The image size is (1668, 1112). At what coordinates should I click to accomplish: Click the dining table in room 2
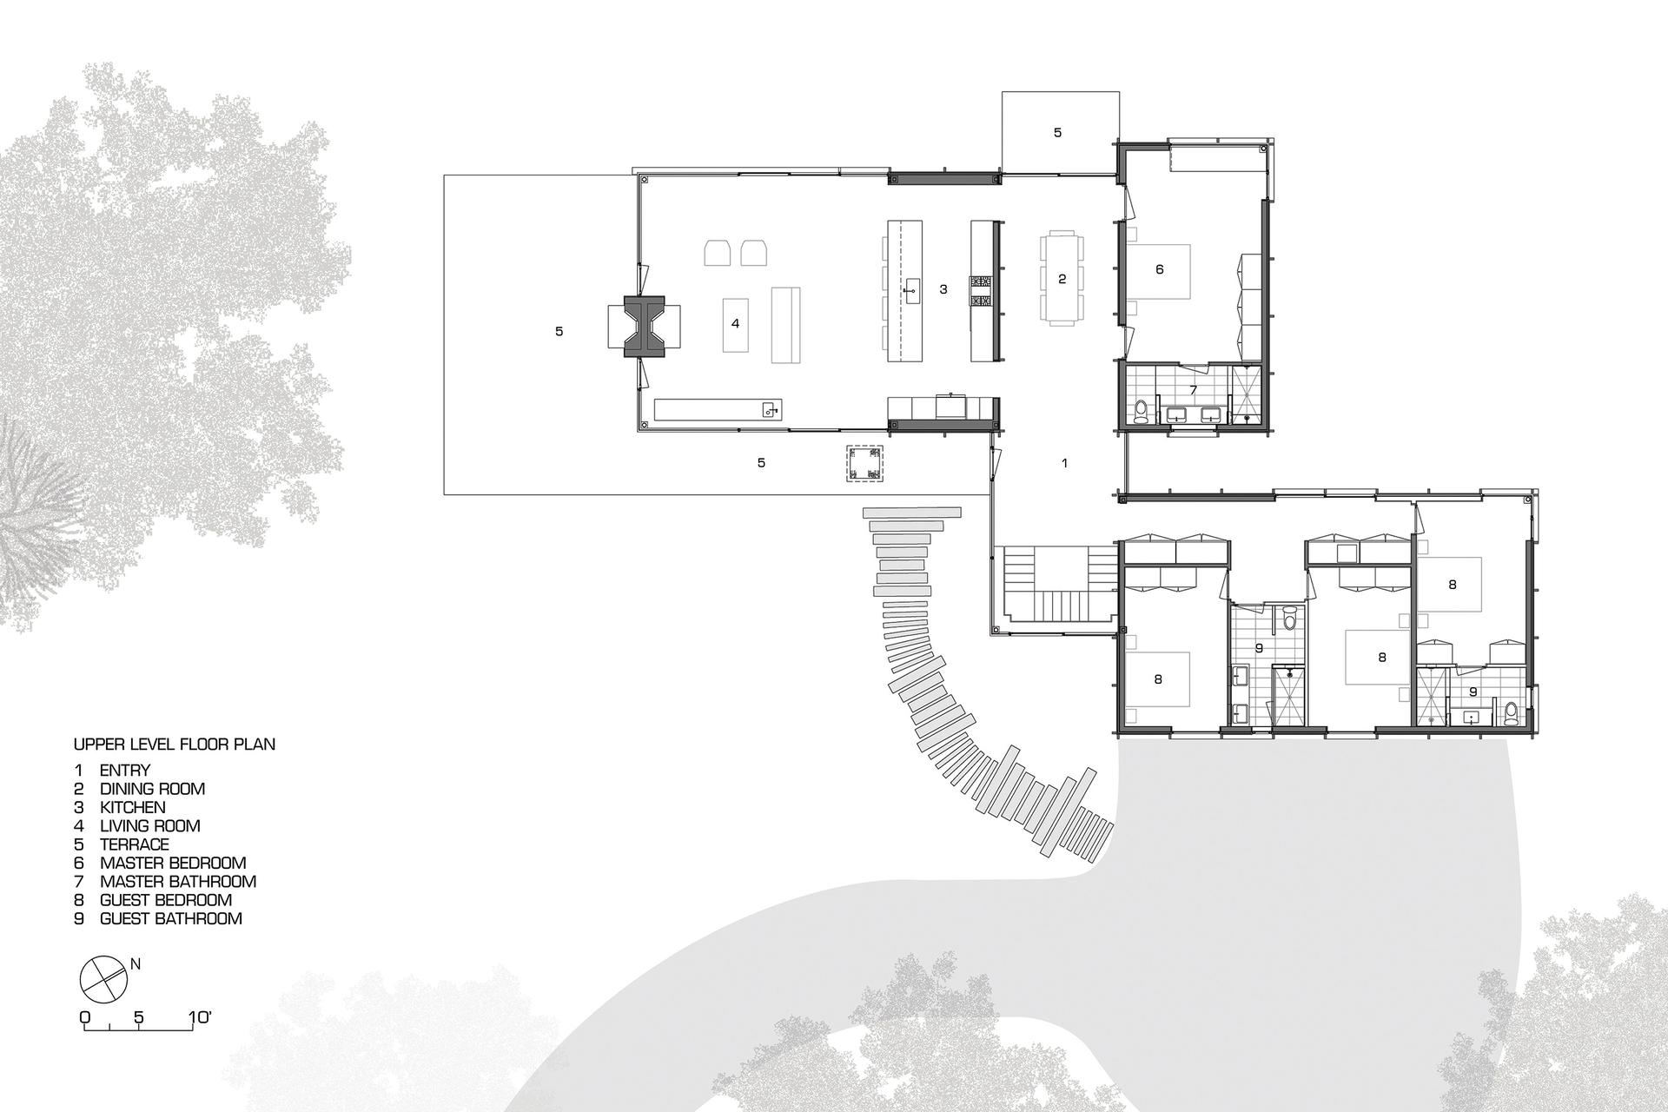1062,278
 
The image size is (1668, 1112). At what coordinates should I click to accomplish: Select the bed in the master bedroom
1158,270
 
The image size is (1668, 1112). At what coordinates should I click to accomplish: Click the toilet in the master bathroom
1142,411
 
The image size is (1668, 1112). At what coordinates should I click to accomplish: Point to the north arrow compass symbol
103,978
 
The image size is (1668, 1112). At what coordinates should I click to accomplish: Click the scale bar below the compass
138,1026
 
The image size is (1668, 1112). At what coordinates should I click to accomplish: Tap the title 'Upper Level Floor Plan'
175,745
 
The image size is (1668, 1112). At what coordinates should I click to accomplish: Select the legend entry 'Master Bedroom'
173,863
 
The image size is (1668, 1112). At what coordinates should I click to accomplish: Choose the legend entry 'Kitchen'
132,807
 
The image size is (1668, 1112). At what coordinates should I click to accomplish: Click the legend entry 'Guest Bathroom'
171,918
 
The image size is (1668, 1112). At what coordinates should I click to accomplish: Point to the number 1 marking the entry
1065,464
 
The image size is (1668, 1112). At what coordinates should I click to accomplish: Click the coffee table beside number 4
735,324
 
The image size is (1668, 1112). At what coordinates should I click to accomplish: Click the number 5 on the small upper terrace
1057,133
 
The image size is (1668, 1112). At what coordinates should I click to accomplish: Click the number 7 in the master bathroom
1194,390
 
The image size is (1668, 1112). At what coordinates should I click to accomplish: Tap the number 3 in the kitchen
943,289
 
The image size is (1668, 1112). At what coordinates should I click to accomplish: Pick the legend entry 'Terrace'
135,844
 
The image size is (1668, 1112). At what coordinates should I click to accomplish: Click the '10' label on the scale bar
200,1016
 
